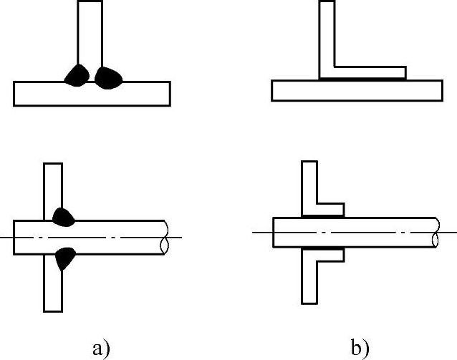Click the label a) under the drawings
tap(101, 349)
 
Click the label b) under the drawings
tap(360, 349)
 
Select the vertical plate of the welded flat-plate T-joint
tap(90, 32)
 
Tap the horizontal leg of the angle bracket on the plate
tap(369, 73)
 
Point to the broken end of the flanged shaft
tap(436, 233)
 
